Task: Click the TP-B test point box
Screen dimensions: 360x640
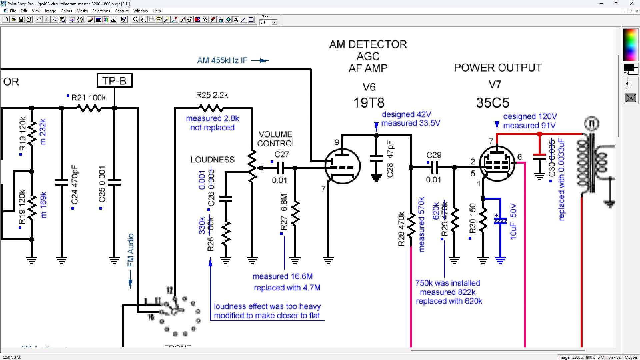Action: [x=114, y=81]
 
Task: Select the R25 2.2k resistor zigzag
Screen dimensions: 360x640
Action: [x=211, y=108]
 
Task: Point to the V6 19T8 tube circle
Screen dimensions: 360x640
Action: [x=342, y=166]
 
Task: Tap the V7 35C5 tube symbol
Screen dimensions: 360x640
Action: [x=497, y=163]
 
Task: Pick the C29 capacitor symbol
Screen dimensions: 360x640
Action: [x=434, y=167]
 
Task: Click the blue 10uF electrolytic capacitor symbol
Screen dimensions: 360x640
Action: [x=500, y=221]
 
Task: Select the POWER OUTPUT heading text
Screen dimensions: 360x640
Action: [x=498, y=68]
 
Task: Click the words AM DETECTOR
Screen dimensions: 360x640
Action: [x=368, y=44]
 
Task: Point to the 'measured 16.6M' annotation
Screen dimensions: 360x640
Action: [x=282, y=276]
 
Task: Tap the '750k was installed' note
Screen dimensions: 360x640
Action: [x=448, y=283]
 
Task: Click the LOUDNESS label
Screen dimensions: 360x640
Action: [x=212, y=160]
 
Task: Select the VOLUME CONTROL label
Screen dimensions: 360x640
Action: [x=276, y=139]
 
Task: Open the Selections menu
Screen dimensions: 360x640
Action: [x=101, y=11]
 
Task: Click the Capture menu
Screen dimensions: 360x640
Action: [x=122, y=11]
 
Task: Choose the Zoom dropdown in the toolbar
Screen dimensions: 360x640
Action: [x=269, y=22]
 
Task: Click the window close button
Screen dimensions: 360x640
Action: [x=631, y=4]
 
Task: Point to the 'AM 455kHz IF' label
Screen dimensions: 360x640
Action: [x=222, y=60]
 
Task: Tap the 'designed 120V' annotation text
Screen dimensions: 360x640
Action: [x=530, y=116]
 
